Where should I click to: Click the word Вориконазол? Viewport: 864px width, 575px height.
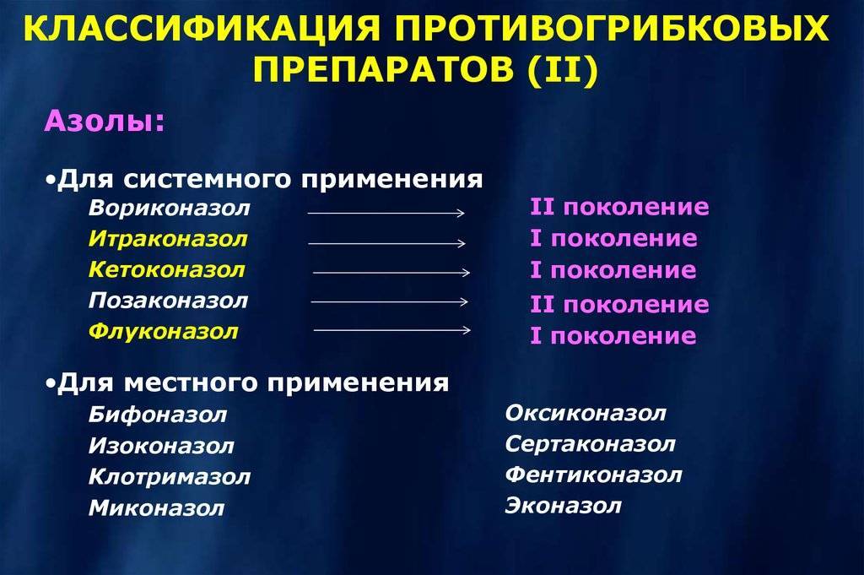169,209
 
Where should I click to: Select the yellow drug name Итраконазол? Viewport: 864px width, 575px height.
168,239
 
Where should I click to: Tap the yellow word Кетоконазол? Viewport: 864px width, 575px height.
167,270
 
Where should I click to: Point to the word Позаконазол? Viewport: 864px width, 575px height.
168,301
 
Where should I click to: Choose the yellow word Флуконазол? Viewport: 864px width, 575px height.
164,332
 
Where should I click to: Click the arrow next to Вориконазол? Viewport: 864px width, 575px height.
386,213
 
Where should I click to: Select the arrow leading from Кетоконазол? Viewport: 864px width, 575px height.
391,273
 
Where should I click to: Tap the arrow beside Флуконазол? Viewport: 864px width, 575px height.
392,330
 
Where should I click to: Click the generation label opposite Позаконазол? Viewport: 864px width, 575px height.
619,305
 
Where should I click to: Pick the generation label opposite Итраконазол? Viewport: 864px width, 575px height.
614,239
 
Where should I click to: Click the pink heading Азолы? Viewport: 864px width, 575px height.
105,121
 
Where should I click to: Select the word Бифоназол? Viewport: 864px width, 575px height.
158,415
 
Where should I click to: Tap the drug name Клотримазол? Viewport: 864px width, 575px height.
170,477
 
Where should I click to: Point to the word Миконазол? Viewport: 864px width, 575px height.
156,507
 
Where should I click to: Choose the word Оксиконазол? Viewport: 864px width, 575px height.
586,414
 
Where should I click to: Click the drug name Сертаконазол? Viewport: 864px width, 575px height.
590,444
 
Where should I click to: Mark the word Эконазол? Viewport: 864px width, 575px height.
563,506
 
